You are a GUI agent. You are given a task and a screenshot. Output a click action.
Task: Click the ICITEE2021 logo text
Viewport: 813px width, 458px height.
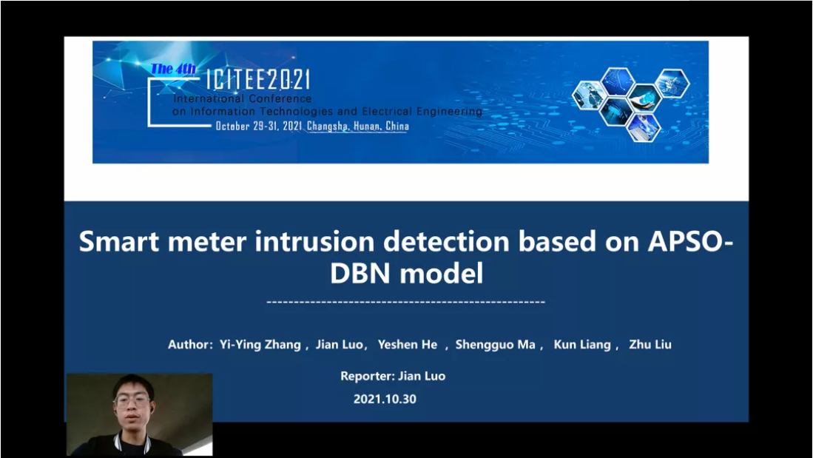pyautogui.click(x=257, y=79)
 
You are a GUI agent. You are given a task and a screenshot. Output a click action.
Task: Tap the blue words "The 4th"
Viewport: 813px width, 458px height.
pyautogui.click(x=173, y=69)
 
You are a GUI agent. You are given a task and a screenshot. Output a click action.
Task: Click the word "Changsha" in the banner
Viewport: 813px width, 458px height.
pyautogui.click(x=327, y=126)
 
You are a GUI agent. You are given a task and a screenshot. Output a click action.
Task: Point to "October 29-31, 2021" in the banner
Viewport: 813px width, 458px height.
pyautogui.click(x=259, y=126)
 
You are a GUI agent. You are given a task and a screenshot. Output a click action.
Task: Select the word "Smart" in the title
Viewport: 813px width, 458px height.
pyautogui.click(x=119, y=241)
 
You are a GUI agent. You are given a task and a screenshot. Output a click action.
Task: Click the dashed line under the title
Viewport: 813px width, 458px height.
pyautogui.click(x=405, y=302)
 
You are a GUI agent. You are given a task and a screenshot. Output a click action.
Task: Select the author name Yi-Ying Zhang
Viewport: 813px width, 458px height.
pyautogui.click(x=260, y=345)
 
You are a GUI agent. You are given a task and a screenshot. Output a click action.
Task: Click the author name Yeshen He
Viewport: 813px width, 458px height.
pyautogui.click(x=408, y=344)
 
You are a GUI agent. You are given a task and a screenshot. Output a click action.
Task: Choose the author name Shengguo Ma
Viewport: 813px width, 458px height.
pyautogui.click(x=495, y=345)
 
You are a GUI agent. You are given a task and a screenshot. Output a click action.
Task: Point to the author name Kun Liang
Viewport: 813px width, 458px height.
pyautogui.click(x=582, y=345)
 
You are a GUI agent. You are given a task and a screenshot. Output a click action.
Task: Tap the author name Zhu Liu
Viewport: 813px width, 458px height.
pyautogui.click(x=650, y=344)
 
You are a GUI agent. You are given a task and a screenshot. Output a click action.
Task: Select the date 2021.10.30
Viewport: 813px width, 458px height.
pyautogui.click(x=385, y=399)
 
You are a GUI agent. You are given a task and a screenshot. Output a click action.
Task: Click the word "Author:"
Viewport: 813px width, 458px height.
pyautogui.click(x=190, y=344)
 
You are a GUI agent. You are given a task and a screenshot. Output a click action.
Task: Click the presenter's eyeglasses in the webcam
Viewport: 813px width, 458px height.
pyautogui.click(x=132, y=400)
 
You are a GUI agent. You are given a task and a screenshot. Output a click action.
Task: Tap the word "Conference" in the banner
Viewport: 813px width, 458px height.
pyautogui.click(x=280, y=98)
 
